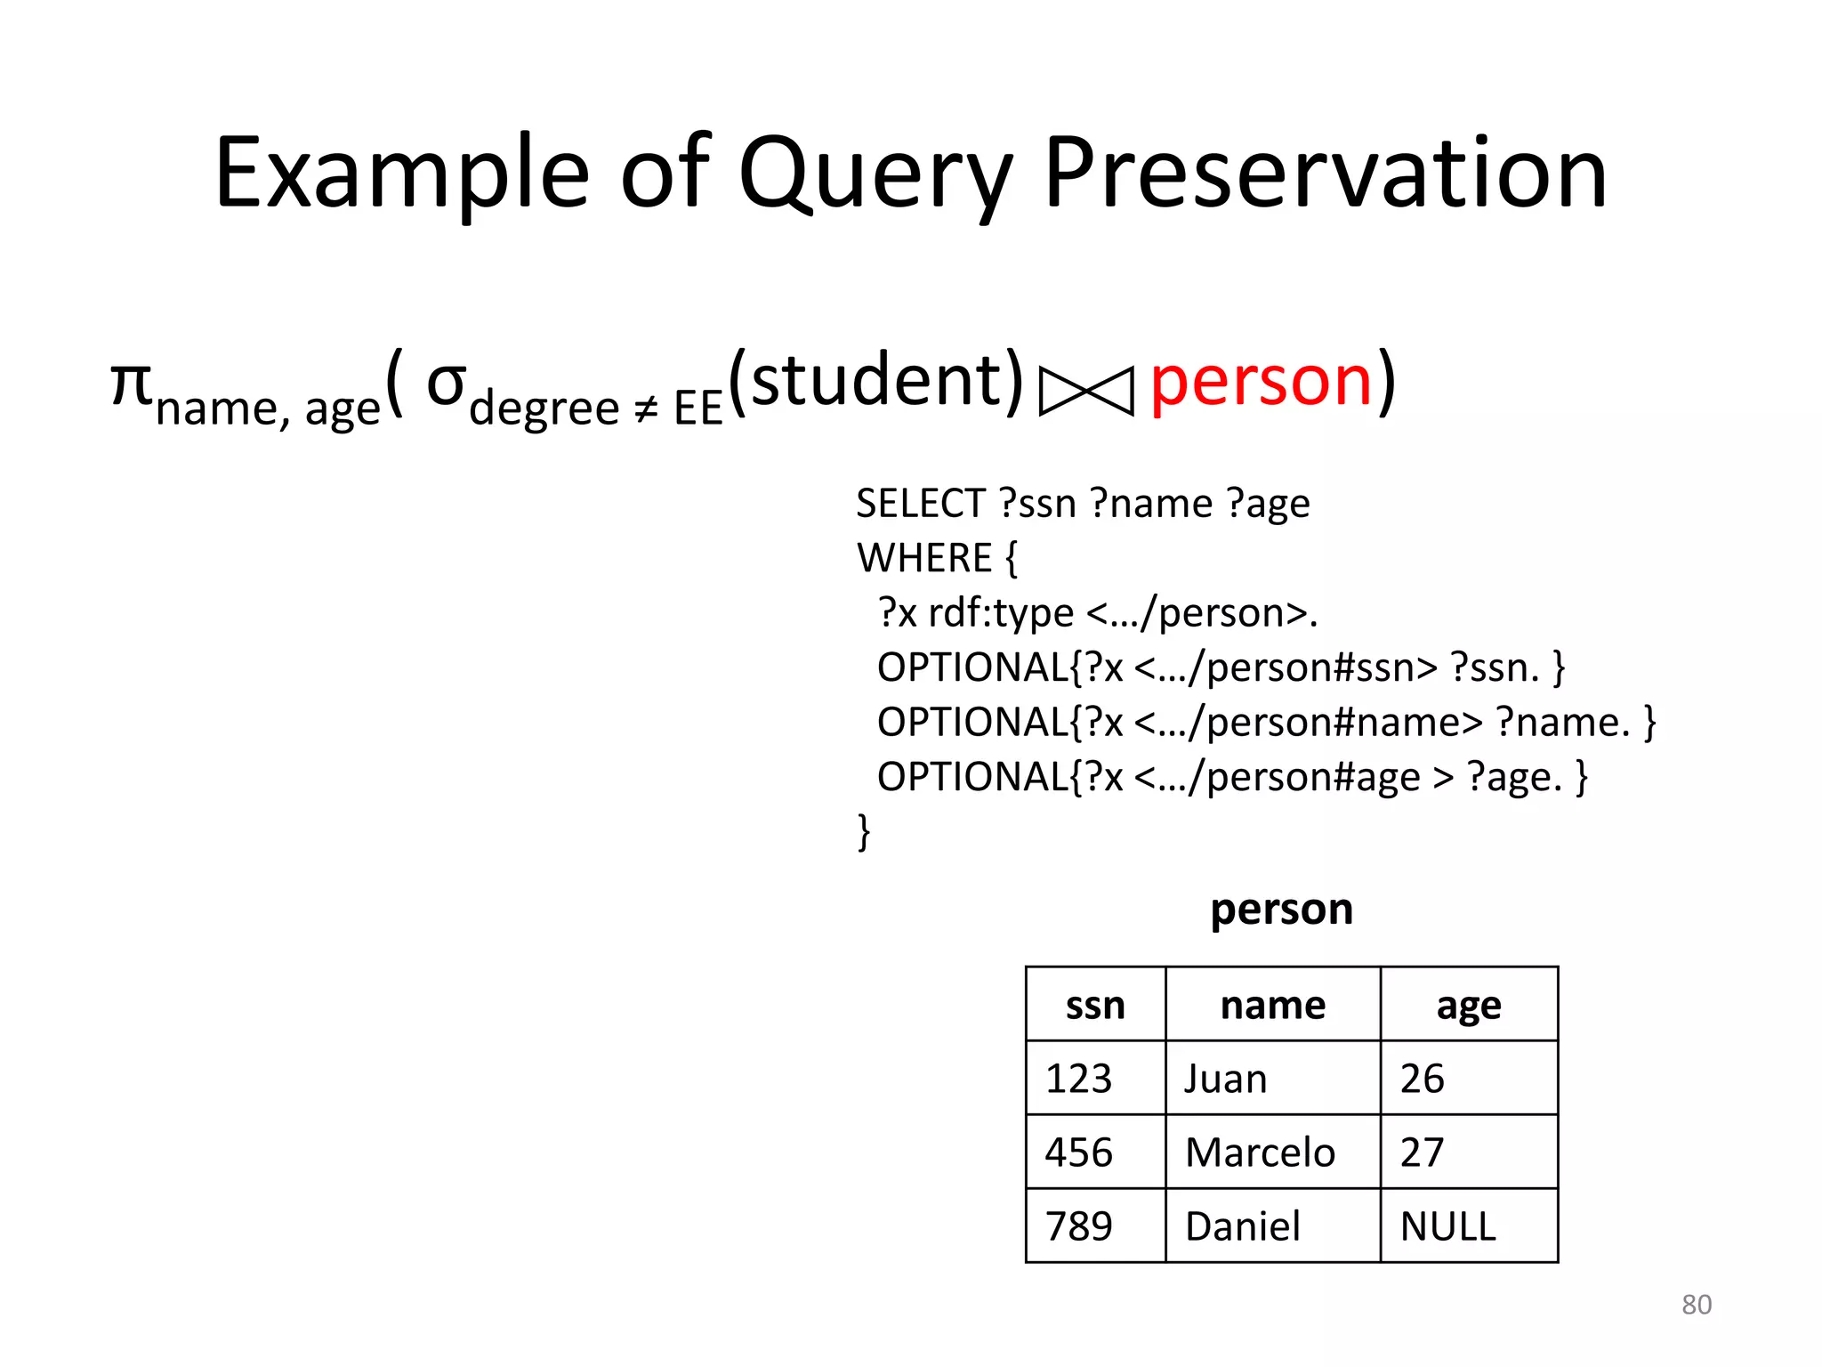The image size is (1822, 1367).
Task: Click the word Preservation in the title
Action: tap(1326, 174)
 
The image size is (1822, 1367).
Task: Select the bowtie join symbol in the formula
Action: tap(1086, 391)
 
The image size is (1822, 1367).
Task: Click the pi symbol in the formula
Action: tap(131, 384)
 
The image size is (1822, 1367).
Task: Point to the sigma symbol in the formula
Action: tap(446, 384)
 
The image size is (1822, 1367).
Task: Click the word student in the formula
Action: tap(876, 381)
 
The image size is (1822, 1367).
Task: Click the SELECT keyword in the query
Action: tap(920, 504)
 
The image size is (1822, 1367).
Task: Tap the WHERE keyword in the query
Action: tap(924, 559)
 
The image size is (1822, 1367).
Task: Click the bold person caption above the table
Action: tap(1281, 910)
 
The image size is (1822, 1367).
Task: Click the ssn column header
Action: tap(1095, 1006)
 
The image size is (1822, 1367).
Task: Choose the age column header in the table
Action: tap(1469, 1006)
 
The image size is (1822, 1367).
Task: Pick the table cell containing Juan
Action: tap(1272, 1079)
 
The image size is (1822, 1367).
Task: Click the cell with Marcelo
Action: tap(1272, 1153)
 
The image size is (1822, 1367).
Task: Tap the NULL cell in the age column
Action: tap(1469, 1226)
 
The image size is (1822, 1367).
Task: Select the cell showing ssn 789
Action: tap(1095, 1226)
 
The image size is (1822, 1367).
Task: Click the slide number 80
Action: tap(1697, 1305)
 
